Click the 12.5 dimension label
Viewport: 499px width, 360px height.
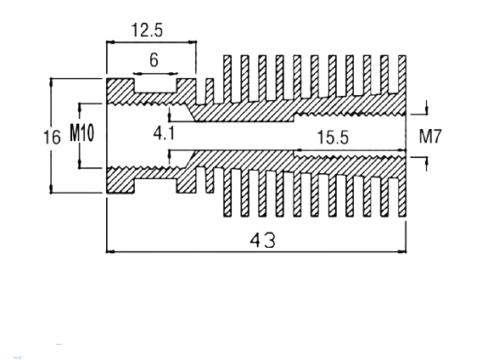coord(147,31)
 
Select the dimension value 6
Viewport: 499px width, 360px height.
coord(154,59)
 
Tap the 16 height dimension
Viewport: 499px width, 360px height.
coord(52,138)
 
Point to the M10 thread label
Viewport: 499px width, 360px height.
coord(82,132)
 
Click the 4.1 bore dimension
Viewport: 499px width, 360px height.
coord(164,133)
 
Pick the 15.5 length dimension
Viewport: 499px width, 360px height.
coord(333,138)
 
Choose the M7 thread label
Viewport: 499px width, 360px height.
coord(430,137)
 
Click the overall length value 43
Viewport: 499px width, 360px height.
coord(262,240)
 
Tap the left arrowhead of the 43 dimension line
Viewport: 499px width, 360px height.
coord(110,252)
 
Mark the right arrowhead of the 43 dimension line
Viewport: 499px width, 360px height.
coord(402,252)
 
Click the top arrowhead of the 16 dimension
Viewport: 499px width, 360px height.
coord(51,82)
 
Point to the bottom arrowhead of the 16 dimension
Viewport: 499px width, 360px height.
coord(51,189)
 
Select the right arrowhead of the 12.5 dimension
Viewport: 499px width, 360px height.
coord(193,42)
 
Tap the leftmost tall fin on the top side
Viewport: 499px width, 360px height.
coord(227,79)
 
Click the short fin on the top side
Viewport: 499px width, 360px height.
coord(210,91)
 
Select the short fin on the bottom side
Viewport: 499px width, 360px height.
coord(210,180)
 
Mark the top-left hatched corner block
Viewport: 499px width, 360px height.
coord(120,90)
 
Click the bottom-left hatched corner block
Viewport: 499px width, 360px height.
coord(120,181)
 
